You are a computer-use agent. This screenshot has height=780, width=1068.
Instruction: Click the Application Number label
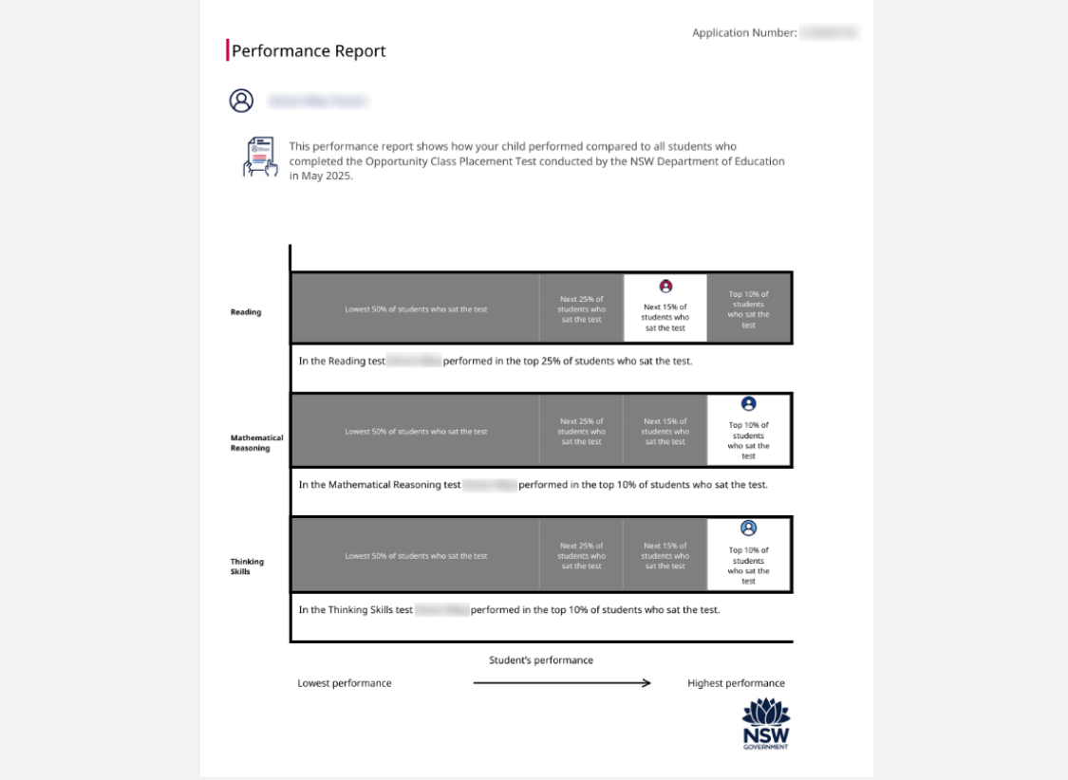pyautogui.click(x=744, y=33)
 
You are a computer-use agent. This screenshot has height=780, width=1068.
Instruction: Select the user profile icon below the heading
pyautogui.click(x=242, y=101)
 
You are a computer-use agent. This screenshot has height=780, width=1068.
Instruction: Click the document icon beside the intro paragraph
pyautogui.click(x=259, y=157)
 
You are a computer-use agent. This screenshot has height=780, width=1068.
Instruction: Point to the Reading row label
pyautogui.click(x=246, y=311)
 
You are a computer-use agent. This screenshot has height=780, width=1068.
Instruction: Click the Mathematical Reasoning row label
pyautogui.click(x=256, y=442)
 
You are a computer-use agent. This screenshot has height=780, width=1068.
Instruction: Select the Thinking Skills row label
pyautogui.click(x=247, y=566)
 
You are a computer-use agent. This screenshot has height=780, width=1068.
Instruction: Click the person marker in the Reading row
pyautogui.click(x=665, y=286)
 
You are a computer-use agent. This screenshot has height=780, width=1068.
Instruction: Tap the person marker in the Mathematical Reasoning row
pyautogui.click(x=748, y=403)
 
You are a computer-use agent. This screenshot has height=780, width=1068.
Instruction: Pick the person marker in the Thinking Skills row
pyautogui.click(x=748, y=528)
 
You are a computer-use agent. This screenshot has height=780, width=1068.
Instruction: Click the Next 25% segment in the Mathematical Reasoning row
pyautogui.click(x=581, y=431)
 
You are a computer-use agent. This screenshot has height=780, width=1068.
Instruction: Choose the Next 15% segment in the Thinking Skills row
pyautogui.click(x=665, y=555)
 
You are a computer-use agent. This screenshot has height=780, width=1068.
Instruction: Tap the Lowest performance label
pyautogui.click(x=345, y=683)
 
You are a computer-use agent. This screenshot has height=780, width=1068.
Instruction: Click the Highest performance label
pyautogui.click(x=736, y=683)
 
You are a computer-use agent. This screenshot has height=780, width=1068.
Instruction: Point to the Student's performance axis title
pyautogui.click(x=541, y=660)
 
